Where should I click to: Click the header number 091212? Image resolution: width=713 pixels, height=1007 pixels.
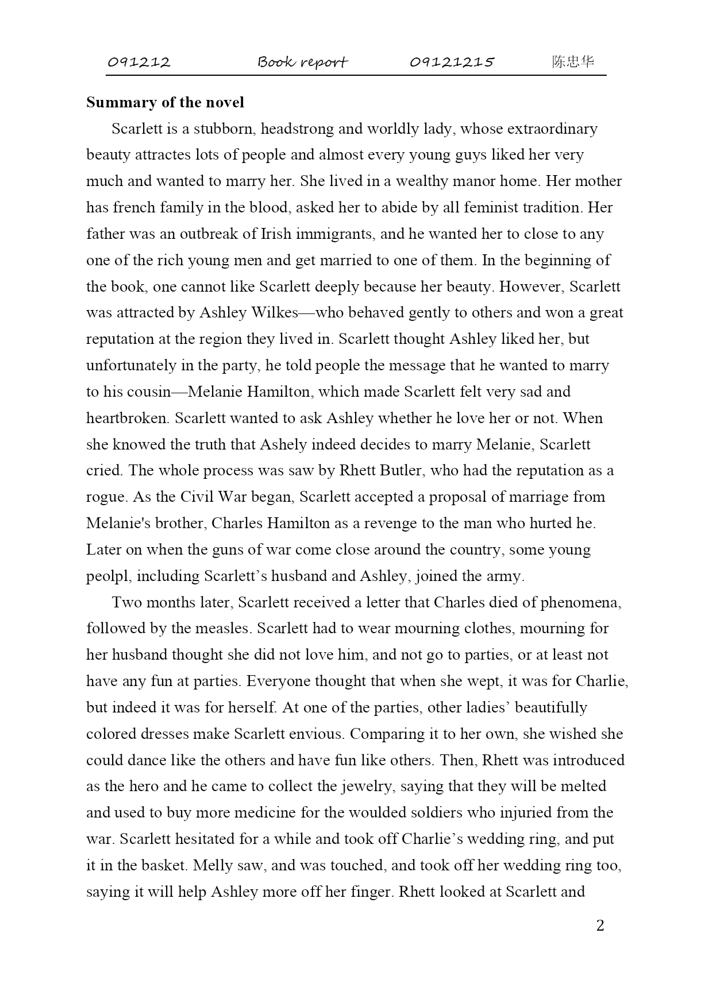pyautogui.click(x=139, y=62)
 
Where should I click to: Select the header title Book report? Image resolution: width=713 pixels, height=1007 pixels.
pyautogui.click(x=302, y=62)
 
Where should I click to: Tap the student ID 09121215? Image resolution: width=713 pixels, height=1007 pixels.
pyautogui.click(x=452, y=62)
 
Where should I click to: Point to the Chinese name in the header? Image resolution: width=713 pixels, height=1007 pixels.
pyautogui.click(x=573, y=62)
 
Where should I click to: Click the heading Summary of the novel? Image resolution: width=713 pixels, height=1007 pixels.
pyautogui.click(x=165, y=102)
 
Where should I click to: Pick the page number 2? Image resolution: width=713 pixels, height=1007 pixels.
pyautogui.click(x=600, y=925)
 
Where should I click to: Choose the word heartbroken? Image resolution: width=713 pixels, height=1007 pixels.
pyautogui.click(x=127, y=418)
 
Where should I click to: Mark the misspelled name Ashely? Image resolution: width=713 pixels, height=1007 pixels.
pyautogui.click(x=280, y=444)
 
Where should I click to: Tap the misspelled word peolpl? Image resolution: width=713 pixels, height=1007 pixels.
pyautogui.click(x=109, y=576)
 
